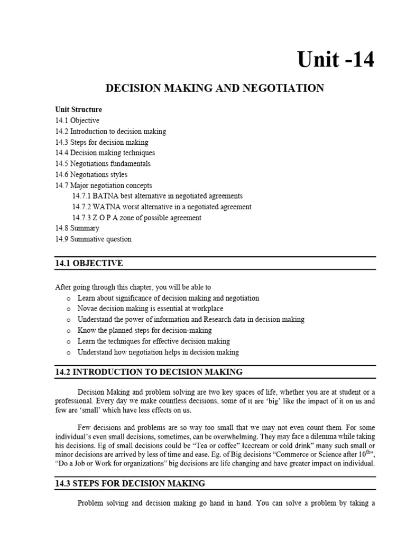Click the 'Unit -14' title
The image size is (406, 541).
(x=336, y=60)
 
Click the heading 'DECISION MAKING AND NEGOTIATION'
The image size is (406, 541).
(x=215, y=88)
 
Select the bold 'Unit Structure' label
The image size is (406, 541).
(x=79, y=109)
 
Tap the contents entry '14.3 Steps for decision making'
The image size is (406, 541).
(x=101, y=142)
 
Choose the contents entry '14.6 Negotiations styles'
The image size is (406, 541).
(x=91, y=174)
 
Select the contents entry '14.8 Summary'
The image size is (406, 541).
(x=77, y=228)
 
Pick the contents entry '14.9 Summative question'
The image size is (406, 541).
(x=93, y=239)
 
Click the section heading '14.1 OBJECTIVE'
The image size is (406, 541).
(x=89, y=263)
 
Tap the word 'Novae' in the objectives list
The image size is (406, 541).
(x=87, y=309)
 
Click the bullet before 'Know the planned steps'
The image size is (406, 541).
(x=69, y=331)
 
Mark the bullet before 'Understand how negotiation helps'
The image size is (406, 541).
(x=69, y=352)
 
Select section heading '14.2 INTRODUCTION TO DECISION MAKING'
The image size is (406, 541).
(x=149, y=372)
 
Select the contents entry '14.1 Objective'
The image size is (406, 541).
(x=77, y=120)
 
